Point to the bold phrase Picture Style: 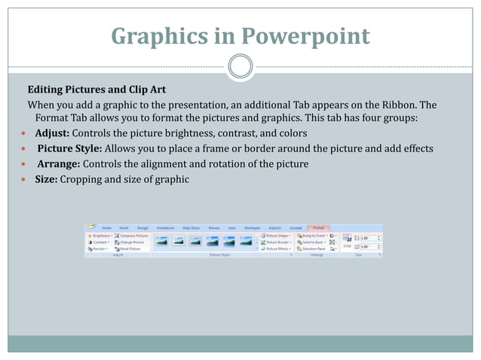74,148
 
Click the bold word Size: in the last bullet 46,179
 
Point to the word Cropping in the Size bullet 84,179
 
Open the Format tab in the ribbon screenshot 319,227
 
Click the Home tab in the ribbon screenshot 106,227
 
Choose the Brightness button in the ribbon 100,236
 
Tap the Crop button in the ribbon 348,243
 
